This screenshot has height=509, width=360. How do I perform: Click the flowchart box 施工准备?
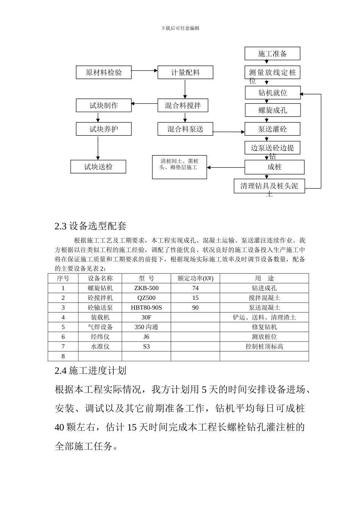[x=272, y=54]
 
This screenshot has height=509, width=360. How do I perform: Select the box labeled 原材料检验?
[x=103, y=72]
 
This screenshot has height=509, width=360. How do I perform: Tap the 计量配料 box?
[x=185, y=72]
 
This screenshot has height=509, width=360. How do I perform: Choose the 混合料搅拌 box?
[x=183, y=106]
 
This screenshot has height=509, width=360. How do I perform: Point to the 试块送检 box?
[x=98, y=167]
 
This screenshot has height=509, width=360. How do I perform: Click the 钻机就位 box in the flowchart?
[x=272, y=93]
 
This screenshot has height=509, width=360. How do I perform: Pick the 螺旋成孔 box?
[x=272, y=110]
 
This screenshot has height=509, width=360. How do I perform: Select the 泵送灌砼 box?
[x=272, y=129]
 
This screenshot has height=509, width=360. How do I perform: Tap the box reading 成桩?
[x=274, y=167]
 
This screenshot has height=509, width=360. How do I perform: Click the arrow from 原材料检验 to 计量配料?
[x=144, y=70]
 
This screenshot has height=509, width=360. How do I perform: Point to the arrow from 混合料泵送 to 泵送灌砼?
[x=229, y=132]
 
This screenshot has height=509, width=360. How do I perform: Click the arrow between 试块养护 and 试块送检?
[x=98, y=148]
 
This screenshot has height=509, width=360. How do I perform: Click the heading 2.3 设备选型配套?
[x=91, y=226]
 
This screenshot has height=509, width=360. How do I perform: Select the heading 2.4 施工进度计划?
[x=91, y=370]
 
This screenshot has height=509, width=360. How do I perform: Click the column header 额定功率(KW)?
[x=195, y=278]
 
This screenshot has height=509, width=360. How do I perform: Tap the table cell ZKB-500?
[x=146, y=288]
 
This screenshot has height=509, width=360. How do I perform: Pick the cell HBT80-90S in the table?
[x=146, y=308]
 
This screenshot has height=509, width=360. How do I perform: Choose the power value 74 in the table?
[x=195, y=288]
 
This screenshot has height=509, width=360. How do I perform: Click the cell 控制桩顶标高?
[x=264, y=347]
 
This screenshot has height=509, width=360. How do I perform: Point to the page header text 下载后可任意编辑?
[x=180, y=28]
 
